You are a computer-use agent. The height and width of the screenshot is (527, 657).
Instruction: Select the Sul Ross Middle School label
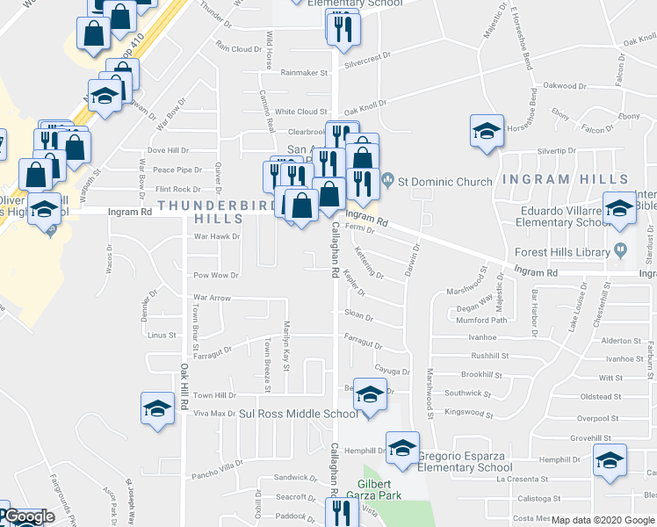coord(299,414)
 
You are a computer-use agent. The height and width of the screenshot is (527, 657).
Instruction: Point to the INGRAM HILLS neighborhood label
coord(553,179)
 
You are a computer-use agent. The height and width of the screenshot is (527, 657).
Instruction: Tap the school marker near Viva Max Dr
coord(157,408)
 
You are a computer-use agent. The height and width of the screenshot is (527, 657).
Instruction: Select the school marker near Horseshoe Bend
coord(487,131)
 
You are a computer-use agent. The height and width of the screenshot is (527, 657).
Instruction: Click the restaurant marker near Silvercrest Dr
coord(343,28)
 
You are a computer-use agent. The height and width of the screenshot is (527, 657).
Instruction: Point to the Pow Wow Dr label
coord(216,275)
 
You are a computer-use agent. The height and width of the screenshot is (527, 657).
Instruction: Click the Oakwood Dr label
coord(564,86)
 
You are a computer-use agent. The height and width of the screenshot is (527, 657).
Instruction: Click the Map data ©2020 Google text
coord(603,520)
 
